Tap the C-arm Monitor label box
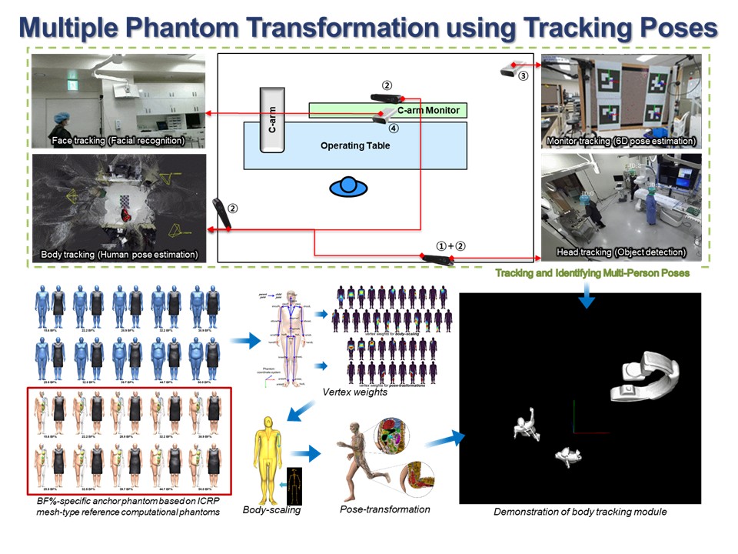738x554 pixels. pos(427,111)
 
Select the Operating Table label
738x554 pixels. pos(355,145)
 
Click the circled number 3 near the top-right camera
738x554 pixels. pos(523,76)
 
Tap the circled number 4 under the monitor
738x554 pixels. pos(393,128)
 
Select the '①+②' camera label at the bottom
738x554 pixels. pos(450,245)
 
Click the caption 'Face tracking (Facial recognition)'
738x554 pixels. pos(118,141)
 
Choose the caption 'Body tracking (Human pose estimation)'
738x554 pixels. pos(119,254)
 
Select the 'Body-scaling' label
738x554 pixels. pos(271,509)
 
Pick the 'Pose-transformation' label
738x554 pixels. pos(384,509)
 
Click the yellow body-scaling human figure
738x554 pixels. pos(267,454)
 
